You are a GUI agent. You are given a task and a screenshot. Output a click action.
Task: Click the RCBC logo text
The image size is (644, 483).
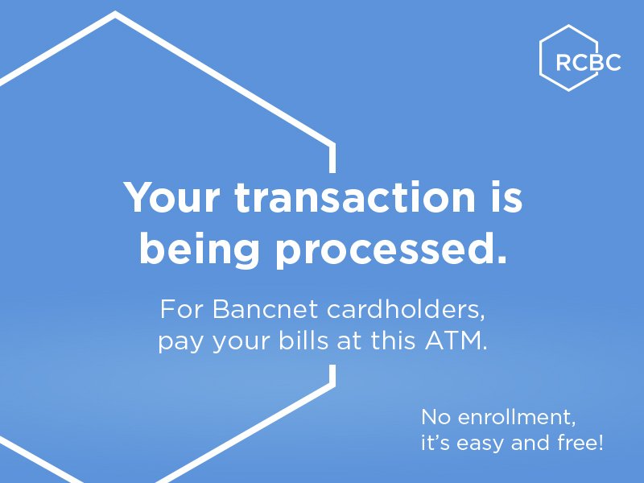588,63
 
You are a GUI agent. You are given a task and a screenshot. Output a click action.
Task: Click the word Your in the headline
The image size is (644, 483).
171,197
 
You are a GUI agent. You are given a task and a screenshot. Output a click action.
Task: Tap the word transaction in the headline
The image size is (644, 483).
355,196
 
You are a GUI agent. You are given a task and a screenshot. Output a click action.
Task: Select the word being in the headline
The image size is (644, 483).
200,250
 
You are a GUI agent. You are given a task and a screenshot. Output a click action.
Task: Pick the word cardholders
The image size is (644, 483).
406,309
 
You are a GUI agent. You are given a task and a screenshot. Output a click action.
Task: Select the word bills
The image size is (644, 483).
303,340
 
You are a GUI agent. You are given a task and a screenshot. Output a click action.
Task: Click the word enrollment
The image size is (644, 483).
516,417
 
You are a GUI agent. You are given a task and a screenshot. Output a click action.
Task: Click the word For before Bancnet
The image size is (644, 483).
182,309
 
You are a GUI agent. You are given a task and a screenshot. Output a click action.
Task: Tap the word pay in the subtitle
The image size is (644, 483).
180,343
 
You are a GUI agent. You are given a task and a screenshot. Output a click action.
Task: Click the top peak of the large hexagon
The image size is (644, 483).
115,13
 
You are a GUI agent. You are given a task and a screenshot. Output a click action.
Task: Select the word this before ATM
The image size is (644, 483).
393,340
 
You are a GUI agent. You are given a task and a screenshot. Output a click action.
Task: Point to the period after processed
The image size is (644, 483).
502,260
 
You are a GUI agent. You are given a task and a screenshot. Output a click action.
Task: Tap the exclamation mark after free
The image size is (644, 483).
601,442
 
